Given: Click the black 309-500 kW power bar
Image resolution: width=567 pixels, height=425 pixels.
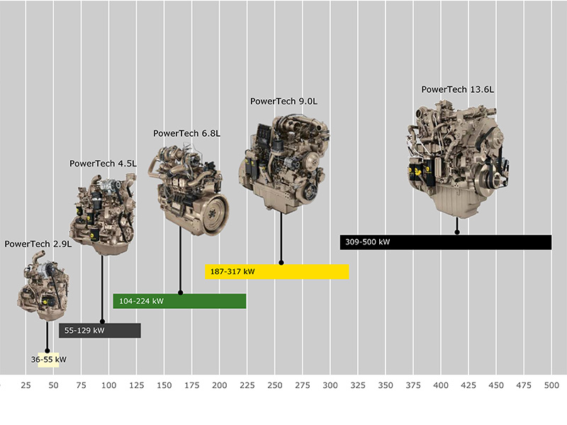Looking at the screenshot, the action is (446, 242).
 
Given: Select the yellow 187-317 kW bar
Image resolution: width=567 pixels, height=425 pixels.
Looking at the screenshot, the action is (277, 272).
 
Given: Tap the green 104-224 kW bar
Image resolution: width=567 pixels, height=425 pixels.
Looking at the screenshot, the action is (179, 301).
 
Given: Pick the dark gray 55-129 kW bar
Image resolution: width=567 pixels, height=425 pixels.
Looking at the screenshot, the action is (100, 330).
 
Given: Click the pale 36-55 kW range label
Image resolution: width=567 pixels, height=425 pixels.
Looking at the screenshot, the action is (48, 360).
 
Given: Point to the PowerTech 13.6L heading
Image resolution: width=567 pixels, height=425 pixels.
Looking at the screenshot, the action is (457, 89).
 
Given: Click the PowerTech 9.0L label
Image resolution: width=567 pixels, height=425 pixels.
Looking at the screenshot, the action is (284, 101).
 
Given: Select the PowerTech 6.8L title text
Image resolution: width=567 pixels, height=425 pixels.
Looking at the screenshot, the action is (186, 133).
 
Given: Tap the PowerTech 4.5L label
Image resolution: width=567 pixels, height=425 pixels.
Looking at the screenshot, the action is (103, 164).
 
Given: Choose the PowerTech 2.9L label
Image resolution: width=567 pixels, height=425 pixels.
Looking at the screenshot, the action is (38, 244).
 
